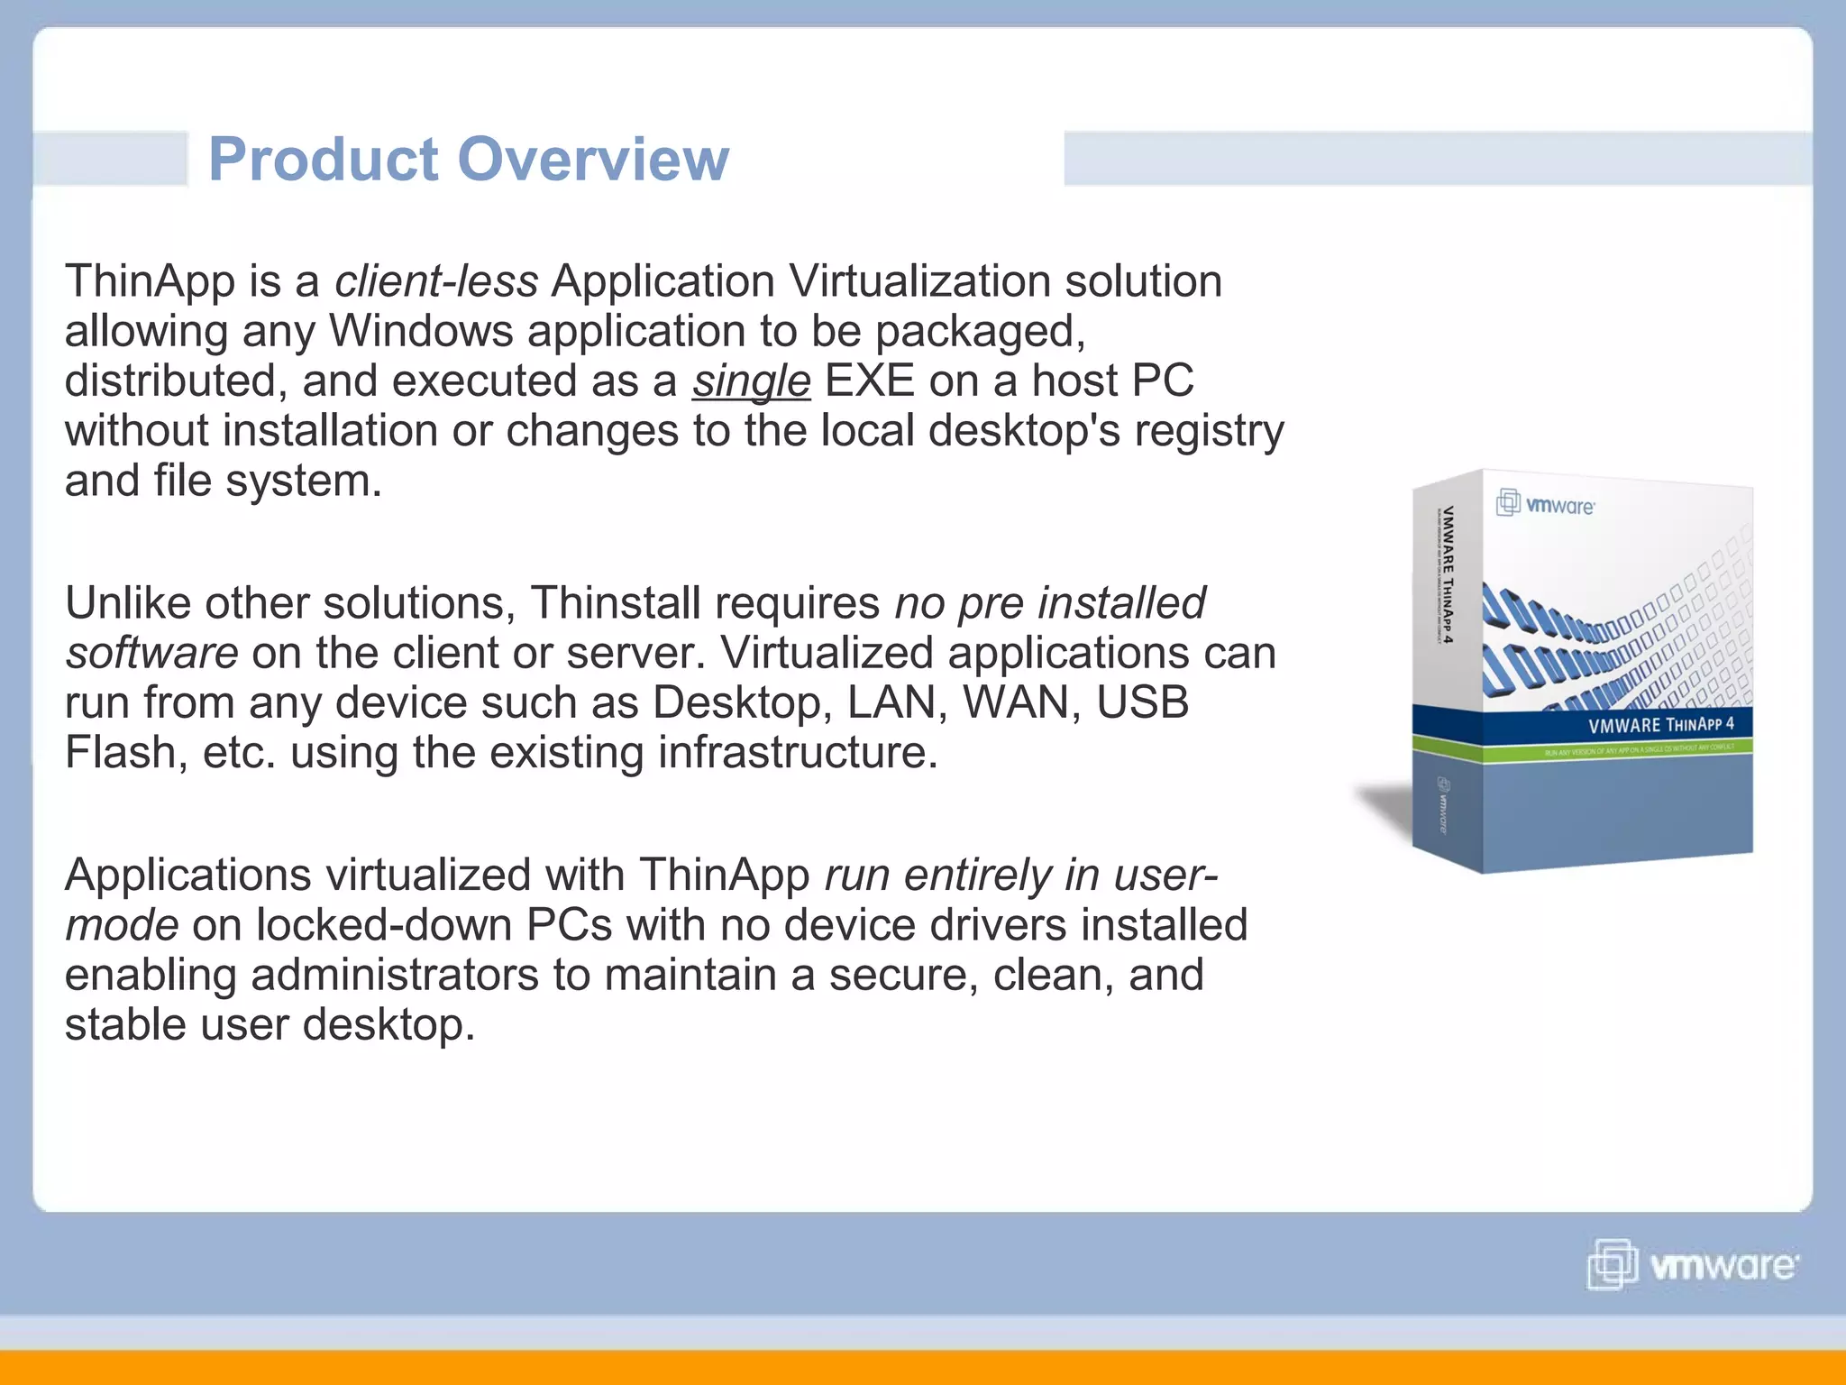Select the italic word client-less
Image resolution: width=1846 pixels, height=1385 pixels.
(x=436, y=281)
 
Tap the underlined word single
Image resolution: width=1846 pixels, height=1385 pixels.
(x=751, y=381)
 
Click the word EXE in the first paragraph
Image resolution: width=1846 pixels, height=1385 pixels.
(x=869, y=381)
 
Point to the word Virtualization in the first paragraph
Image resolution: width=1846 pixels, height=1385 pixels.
(x=919, y=281)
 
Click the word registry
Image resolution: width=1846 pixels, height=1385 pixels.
(x=1209, y=431)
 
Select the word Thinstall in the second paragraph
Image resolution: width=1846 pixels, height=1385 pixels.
(x=615, y=603)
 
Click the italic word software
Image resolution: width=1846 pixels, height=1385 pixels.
(x=151, y=654)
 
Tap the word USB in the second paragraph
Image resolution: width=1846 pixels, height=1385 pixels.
(x=1142, y=703)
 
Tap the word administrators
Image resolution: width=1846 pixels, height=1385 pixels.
(x=395, y=976)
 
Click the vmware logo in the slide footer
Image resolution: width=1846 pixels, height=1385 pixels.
(x=1692, y=1265)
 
